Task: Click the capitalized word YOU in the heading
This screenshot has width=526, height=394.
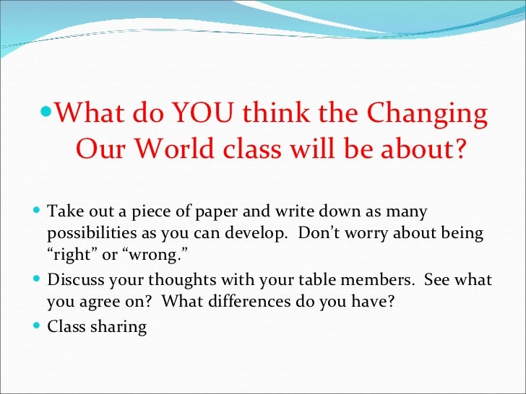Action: click(x=207, y=114)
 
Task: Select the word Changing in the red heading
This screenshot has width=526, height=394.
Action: click(x=428, y=114)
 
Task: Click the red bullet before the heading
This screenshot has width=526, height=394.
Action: click(x=47, y=114)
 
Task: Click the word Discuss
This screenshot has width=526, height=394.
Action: click(x=73, y=280)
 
